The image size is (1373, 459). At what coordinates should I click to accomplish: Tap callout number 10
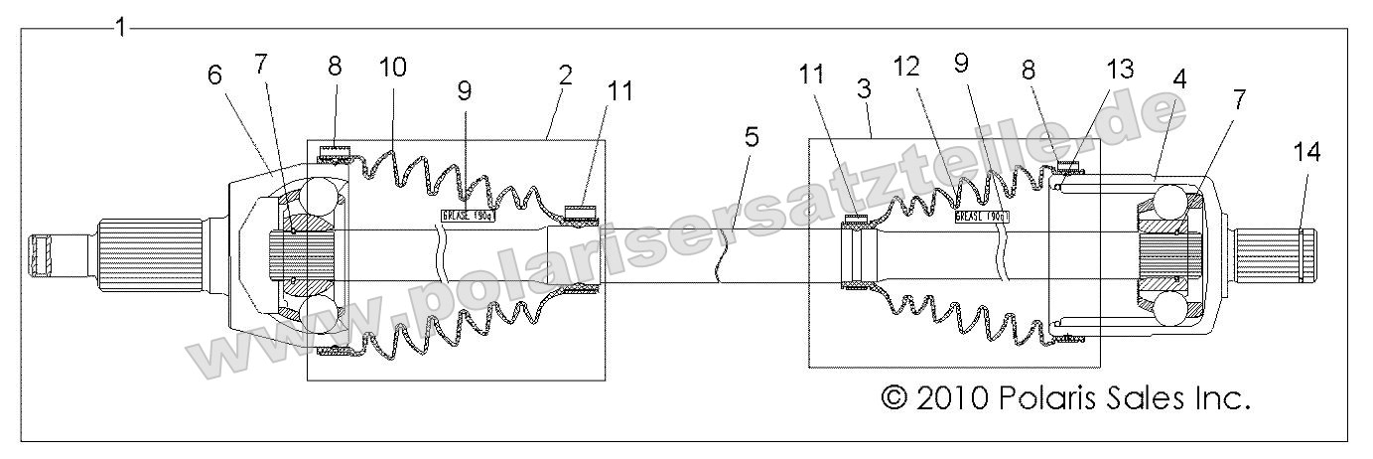pos(392,67)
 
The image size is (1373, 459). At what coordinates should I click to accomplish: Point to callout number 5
pos(753,136)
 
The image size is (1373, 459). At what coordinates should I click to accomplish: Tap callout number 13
pos(1119,70)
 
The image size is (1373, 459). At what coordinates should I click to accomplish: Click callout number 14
pos(1306,151)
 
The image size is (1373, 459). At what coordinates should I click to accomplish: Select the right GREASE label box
pos(982,216)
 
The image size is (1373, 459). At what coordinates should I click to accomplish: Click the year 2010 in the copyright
pos(952,398)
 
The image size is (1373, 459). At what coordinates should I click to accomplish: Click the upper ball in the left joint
pos(323,196)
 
